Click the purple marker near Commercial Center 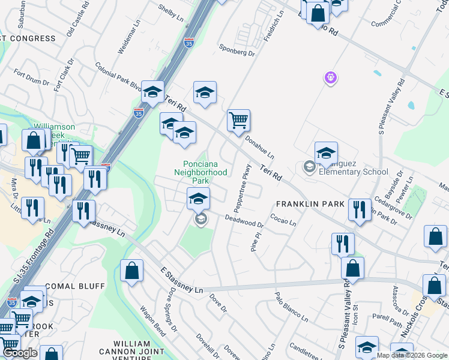(x=330, y=77)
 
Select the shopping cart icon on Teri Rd (x=238, y=120)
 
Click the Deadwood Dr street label (x=244, y=221)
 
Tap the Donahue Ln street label (x=259, y=146)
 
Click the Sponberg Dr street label (x=237, y=52)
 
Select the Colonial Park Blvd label (x=117, y=75)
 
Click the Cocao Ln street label (x=283, y=220)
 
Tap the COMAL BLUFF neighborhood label (x=75, y=286)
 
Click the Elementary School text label (x=354, y=172)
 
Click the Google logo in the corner (x=20, y=353)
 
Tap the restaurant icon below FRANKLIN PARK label (x=342, y=244)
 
